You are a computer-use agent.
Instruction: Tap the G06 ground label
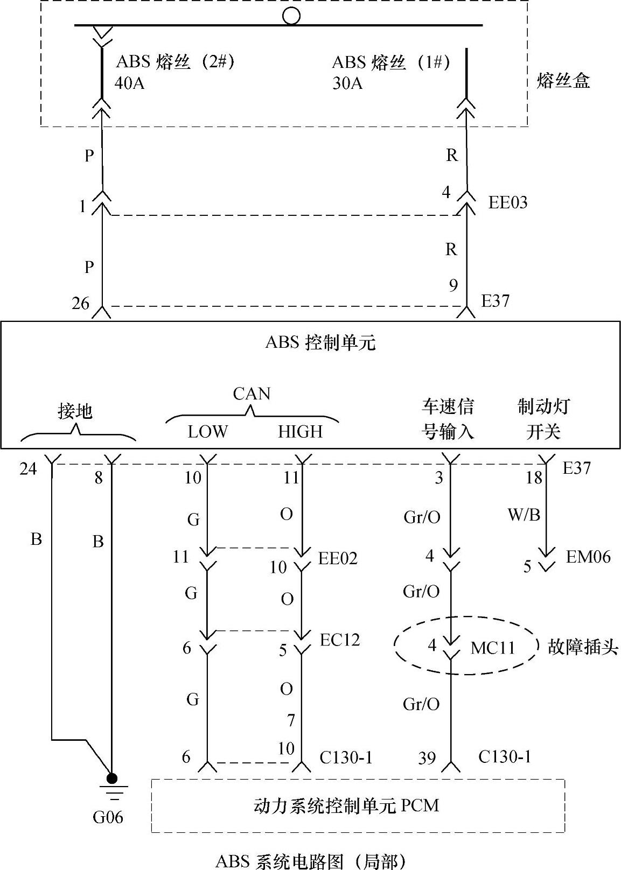(108, 817)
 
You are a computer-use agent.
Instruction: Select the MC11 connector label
(493, 647)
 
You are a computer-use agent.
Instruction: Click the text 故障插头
(583, 647)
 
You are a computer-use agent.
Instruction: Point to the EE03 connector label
(507, 202)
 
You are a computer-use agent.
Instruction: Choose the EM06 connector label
(588, 557)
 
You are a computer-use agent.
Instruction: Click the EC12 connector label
(339, 640)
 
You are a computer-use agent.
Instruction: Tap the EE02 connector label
(338, 558)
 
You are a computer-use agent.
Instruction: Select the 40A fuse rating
(129, 83)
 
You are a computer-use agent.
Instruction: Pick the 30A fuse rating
(347, 83)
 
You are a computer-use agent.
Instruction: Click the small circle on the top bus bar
(291, 16)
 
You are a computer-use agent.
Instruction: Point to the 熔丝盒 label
(563, 81)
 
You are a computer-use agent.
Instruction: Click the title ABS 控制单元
(320, 342)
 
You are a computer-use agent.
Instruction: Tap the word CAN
(252, 394)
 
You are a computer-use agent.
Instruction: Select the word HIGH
(300, 431)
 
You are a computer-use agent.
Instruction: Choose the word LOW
(208, 431)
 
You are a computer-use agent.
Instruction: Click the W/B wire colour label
(524, 515)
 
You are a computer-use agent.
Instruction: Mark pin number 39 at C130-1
(427, 758)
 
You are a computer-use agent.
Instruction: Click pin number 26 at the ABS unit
(81, 304)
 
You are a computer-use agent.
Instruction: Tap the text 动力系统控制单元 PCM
(346, 805)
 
